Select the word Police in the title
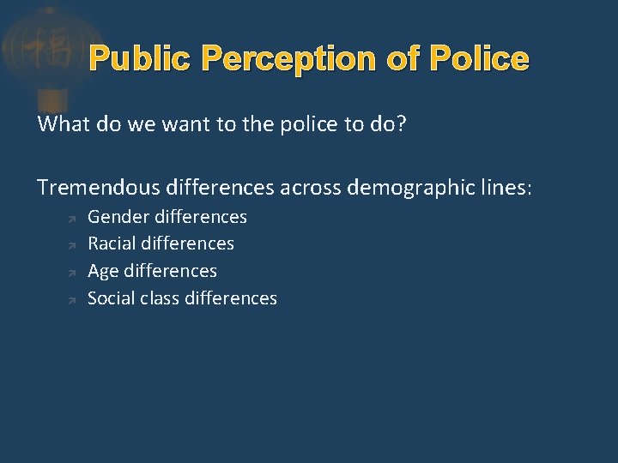click(x=479, y=59)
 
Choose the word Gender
click(x=117, y=217)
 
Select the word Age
click(x=104, y=271)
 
